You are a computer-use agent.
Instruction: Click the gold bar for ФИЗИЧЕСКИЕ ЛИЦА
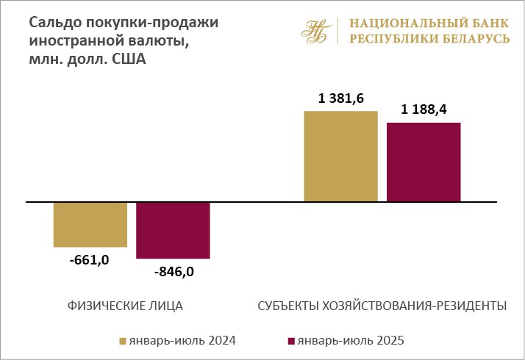click(x=90, y=224)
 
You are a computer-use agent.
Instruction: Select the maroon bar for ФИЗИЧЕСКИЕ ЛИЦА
click(x=174, y=230)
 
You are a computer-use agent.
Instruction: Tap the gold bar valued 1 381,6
click(x=340, y=156)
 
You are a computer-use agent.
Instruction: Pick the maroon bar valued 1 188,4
click(x=424, y=162)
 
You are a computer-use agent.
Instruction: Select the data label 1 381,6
click(x=340, y=98)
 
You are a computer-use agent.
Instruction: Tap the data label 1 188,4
click(x=424, y=110)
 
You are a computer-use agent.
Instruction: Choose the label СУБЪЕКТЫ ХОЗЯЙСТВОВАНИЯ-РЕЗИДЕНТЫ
click(x=382, y=306)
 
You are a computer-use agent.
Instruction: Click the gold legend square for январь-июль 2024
click(x=123, y=341)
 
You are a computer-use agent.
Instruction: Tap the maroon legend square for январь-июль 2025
click(x=291, y=341)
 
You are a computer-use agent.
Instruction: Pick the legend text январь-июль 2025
click(x=350, y=340)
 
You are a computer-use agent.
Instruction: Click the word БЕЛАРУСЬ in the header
click(x=474, y=38)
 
